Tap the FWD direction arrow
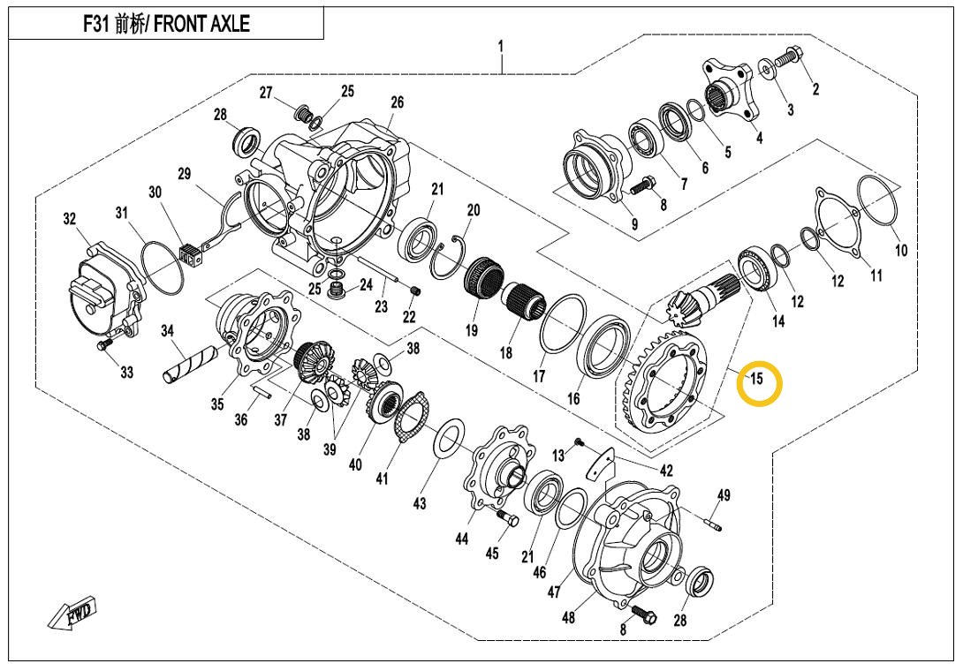point(73,612)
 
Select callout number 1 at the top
point(501,45)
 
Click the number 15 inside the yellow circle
point(756,380)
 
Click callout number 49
point(723,495)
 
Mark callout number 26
point(397,102)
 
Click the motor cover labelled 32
point(99,287)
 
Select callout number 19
point(471,331)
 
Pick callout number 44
point(462,539)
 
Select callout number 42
point(666,471)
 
